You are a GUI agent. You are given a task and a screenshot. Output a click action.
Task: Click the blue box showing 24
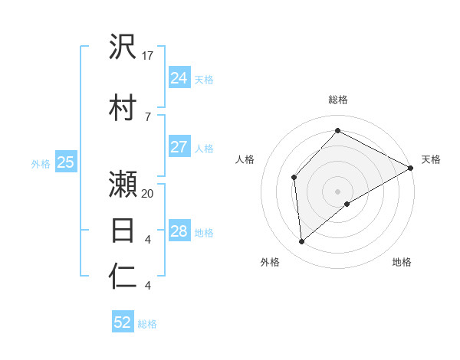point(179,77)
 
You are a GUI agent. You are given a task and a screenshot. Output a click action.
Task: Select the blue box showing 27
point(179,148)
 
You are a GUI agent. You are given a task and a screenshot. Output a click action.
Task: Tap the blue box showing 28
point(179,231)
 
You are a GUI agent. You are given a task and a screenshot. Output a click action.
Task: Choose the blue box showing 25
point(65,162)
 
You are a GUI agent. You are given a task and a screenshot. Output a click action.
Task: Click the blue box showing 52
point(123,322)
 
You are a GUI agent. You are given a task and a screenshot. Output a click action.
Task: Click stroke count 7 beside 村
point(147,116)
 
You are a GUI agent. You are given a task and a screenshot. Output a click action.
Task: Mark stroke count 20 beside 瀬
point(149,194)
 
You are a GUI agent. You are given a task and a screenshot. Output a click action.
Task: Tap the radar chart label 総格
point(338,100)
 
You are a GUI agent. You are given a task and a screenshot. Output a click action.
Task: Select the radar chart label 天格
point(431,159)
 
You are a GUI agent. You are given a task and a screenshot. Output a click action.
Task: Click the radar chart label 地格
point(402,262)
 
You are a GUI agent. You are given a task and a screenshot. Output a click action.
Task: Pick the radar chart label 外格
point(270,262)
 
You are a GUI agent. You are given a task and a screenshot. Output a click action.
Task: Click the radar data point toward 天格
point(411,168)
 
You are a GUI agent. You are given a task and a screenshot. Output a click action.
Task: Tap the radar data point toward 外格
point(302,242)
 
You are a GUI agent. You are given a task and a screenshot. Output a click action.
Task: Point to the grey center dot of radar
point(337,190)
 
